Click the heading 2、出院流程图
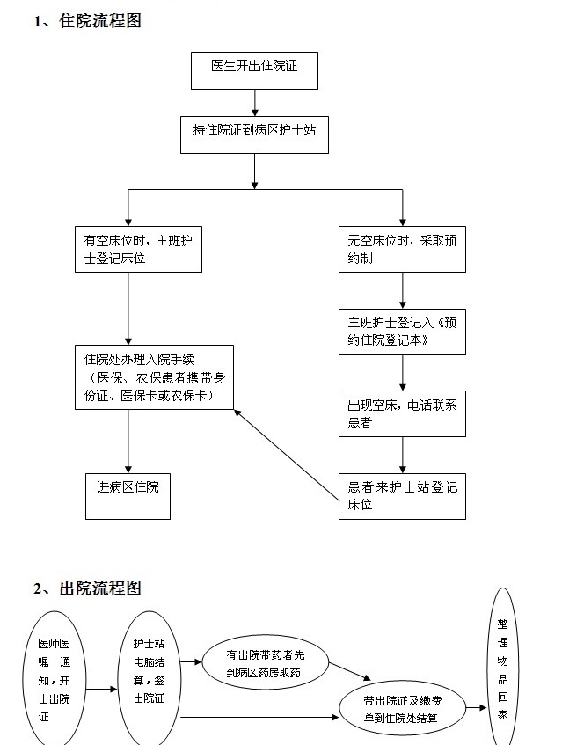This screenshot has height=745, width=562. tap(87, 588)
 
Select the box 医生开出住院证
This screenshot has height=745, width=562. tap(253, 70)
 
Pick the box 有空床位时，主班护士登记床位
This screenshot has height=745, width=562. tap(139, 249)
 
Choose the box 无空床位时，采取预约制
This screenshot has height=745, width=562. tap(402, 249)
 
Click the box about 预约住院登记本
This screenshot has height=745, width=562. tap(402, 331)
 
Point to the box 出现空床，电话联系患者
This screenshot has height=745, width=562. tap(402, 413)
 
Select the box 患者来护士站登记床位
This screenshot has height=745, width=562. tap(402, 496)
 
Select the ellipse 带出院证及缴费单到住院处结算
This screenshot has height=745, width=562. tap(401, 708)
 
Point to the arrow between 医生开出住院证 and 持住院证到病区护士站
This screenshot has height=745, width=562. tap(254, 102)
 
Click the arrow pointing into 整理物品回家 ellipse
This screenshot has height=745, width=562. tap(476, 707)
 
